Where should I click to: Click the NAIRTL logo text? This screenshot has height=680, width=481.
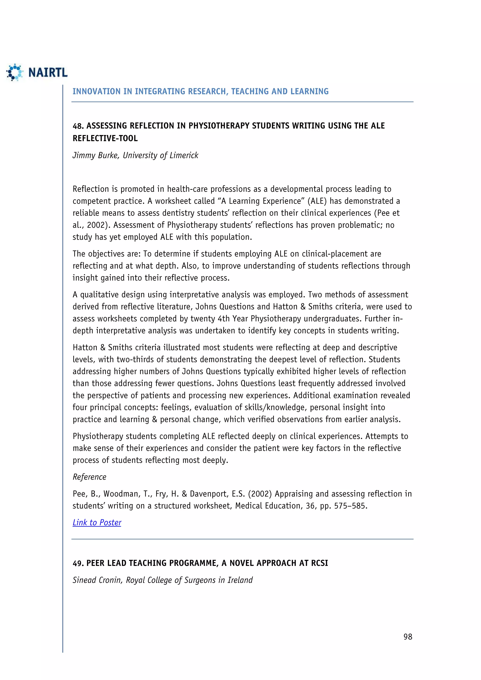(48, 72)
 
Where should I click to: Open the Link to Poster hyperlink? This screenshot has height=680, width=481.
(97, 522)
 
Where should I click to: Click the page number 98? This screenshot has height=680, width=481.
(407, 637)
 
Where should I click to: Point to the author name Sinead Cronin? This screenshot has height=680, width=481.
(97, 580)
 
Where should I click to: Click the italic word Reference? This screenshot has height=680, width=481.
(89, 477)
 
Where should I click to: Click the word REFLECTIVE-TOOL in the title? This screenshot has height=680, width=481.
(105, 139)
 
